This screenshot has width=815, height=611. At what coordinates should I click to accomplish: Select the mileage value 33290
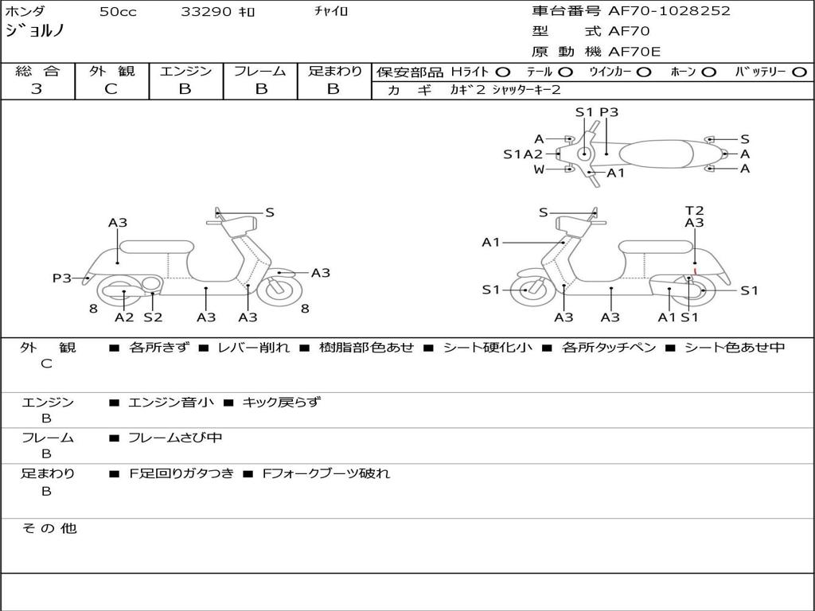point(206,12)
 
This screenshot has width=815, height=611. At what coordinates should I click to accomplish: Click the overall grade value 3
point(37,89)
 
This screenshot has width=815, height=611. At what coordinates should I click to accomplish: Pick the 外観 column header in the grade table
point(111,72)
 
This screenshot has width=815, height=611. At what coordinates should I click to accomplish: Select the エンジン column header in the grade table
point(185,72)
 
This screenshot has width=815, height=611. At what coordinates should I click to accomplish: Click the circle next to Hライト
point(503,72)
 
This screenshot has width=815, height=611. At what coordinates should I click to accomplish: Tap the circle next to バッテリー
point(799,72)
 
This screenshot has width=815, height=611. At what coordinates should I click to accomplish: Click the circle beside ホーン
point(709,72)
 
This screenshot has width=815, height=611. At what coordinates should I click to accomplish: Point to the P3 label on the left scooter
point(62,278)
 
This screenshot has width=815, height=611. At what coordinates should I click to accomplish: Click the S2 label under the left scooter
point(153,317)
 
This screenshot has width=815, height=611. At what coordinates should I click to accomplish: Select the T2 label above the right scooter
point(695,211)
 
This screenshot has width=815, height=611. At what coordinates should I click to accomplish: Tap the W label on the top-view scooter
point(539,169)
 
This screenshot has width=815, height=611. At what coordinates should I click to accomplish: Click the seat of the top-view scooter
point(665,154)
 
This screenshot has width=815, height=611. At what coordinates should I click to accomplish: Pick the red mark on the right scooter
point(695,271)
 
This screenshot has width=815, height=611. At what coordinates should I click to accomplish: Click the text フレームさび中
point(174,438)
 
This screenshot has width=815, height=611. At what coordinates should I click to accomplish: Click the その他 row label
point(49,528)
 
